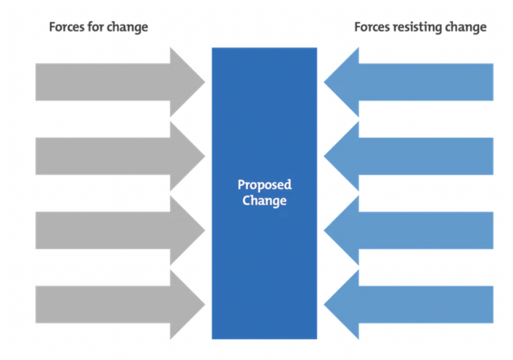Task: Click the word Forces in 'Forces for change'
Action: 67,27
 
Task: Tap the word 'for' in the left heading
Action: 96,26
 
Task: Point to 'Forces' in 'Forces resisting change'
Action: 372,27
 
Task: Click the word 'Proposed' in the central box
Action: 265,185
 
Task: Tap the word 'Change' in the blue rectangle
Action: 265,201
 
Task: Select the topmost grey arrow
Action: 120,82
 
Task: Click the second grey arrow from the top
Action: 120,156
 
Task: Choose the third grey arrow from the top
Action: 120,231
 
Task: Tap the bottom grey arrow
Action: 120,305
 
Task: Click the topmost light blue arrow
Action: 408,82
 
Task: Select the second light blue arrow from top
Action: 408,156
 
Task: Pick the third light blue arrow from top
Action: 408,231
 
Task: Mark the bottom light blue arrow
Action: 408,305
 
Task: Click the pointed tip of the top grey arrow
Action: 205,82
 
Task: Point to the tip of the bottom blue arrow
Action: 324,305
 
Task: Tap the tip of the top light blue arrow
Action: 324,82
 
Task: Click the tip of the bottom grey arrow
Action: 205,305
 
